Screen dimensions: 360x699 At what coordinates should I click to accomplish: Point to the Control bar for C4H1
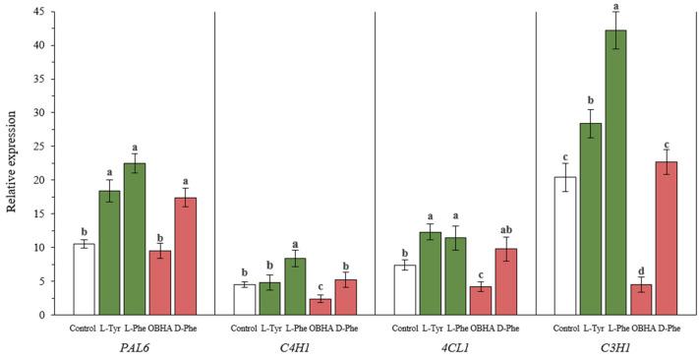[244, 299]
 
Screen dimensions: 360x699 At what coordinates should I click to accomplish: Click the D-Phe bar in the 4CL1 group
[506, 281]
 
